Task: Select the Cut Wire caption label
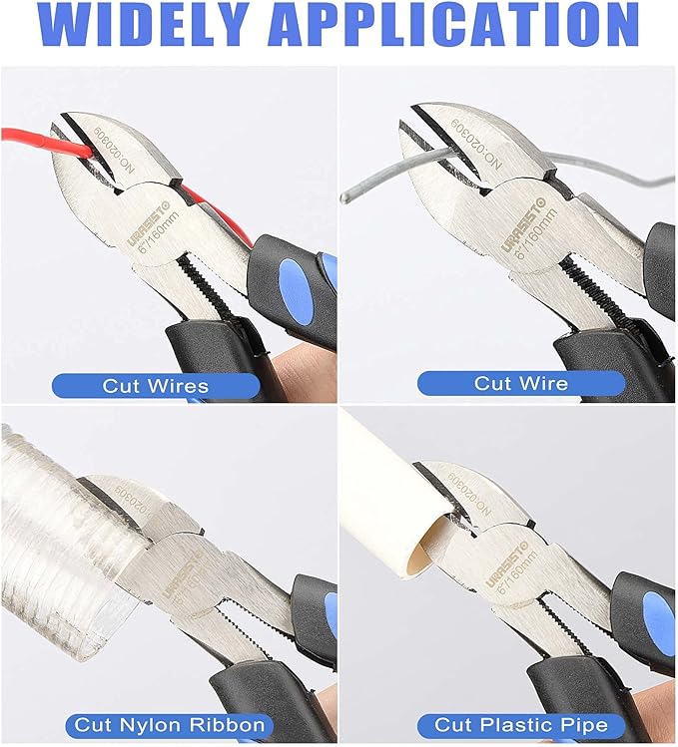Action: point(520,383)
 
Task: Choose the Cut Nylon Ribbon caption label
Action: point(169,724)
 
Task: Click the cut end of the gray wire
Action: point(344,198)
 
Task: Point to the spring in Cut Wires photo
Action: point(214,284)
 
